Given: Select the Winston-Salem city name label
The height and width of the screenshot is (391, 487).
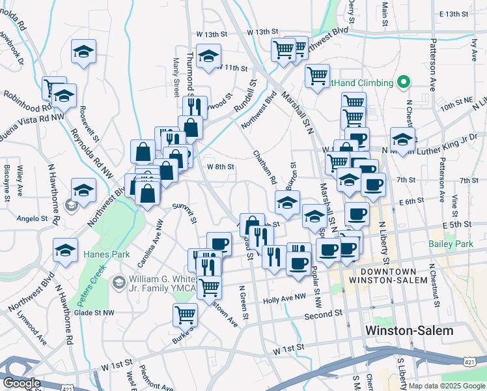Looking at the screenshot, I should click(x=409, y=330).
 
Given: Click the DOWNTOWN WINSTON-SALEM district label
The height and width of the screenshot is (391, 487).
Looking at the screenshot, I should click(x=380, y=275).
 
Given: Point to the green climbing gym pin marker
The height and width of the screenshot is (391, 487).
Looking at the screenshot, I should click(x=404, y=83).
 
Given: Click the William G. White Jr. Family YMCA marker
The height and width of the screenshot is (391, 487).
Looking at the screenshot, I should click(x=118, y=282).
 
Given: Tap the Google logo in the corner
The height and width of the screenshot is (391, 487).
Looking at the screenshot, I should click(x=21, y=383).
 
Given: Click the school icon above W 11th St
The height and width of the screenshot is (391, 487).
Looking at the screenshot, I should click(x=208, y=57).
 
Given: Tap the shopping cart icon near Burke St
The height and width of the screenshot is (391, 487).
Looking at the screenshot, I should click(x=186, y=315).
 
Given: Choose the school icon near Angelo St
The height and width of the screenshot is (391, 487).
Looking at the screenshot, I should click(x=84, y=191).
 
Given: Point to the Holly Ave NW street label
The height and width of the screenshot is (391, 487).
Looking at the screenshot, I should click(x=285, y=299).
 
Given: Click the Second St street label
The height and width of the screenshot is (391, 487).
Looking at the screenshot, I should click(x=324, y=314).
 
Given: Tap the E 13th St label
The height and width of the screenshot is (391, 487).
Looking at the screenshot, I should click(x=454, y=14).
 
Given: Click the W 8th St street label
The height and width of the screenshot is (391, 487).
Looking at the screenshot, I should click(x=220, y=167).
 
